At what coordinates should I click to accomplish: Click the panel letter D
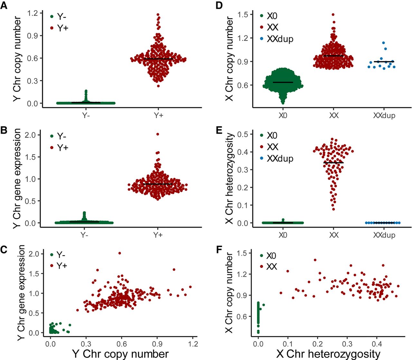click(x=219, y=6)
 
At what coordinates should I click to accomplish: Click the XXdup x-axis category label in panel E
click(x=384, y=235)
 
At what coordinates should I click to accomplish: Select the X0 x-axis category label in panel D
click(x=283, y=115)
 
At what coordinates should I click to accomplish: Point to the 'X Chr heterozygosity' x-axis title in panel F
click(x=328, y=354)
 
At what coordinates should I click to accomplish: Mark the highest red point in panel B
click(x=158, y=134)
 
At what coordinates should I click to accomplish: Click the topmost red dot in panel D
click(x=333, y=14)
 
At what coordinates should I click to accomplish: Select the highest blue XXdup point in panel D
click(x=383, y=43)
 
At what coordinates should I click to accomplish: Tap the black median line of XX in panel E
click(x=334, y=163)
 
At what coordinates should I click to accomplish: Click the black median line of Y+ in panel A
click(x=158, y=59)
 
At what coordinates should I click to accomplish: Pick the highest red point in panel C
click(x=119, y=253)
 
